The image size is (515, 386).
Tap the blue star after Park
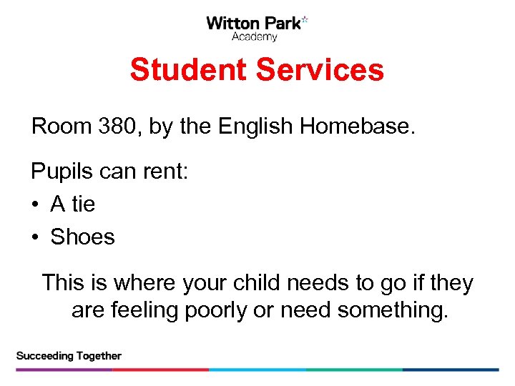coord(305,20)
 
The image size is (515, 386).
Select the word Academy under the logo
coord(254,37)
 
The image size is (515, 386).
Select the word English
coord(256,127)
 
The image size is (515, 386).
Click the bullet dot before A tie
coord(35,205)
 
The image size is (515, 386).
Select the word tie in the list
coord(84,204)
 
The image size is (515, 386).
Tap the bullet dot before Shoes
coord(35,237)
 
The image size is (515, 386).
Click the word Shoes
coord(82,237)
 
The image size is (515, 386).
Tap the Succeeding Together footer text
coord(69,355)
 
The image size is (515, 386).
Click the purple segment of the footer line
coord(64,370)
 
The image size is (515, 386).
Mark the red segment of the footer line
coord(161,370)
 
